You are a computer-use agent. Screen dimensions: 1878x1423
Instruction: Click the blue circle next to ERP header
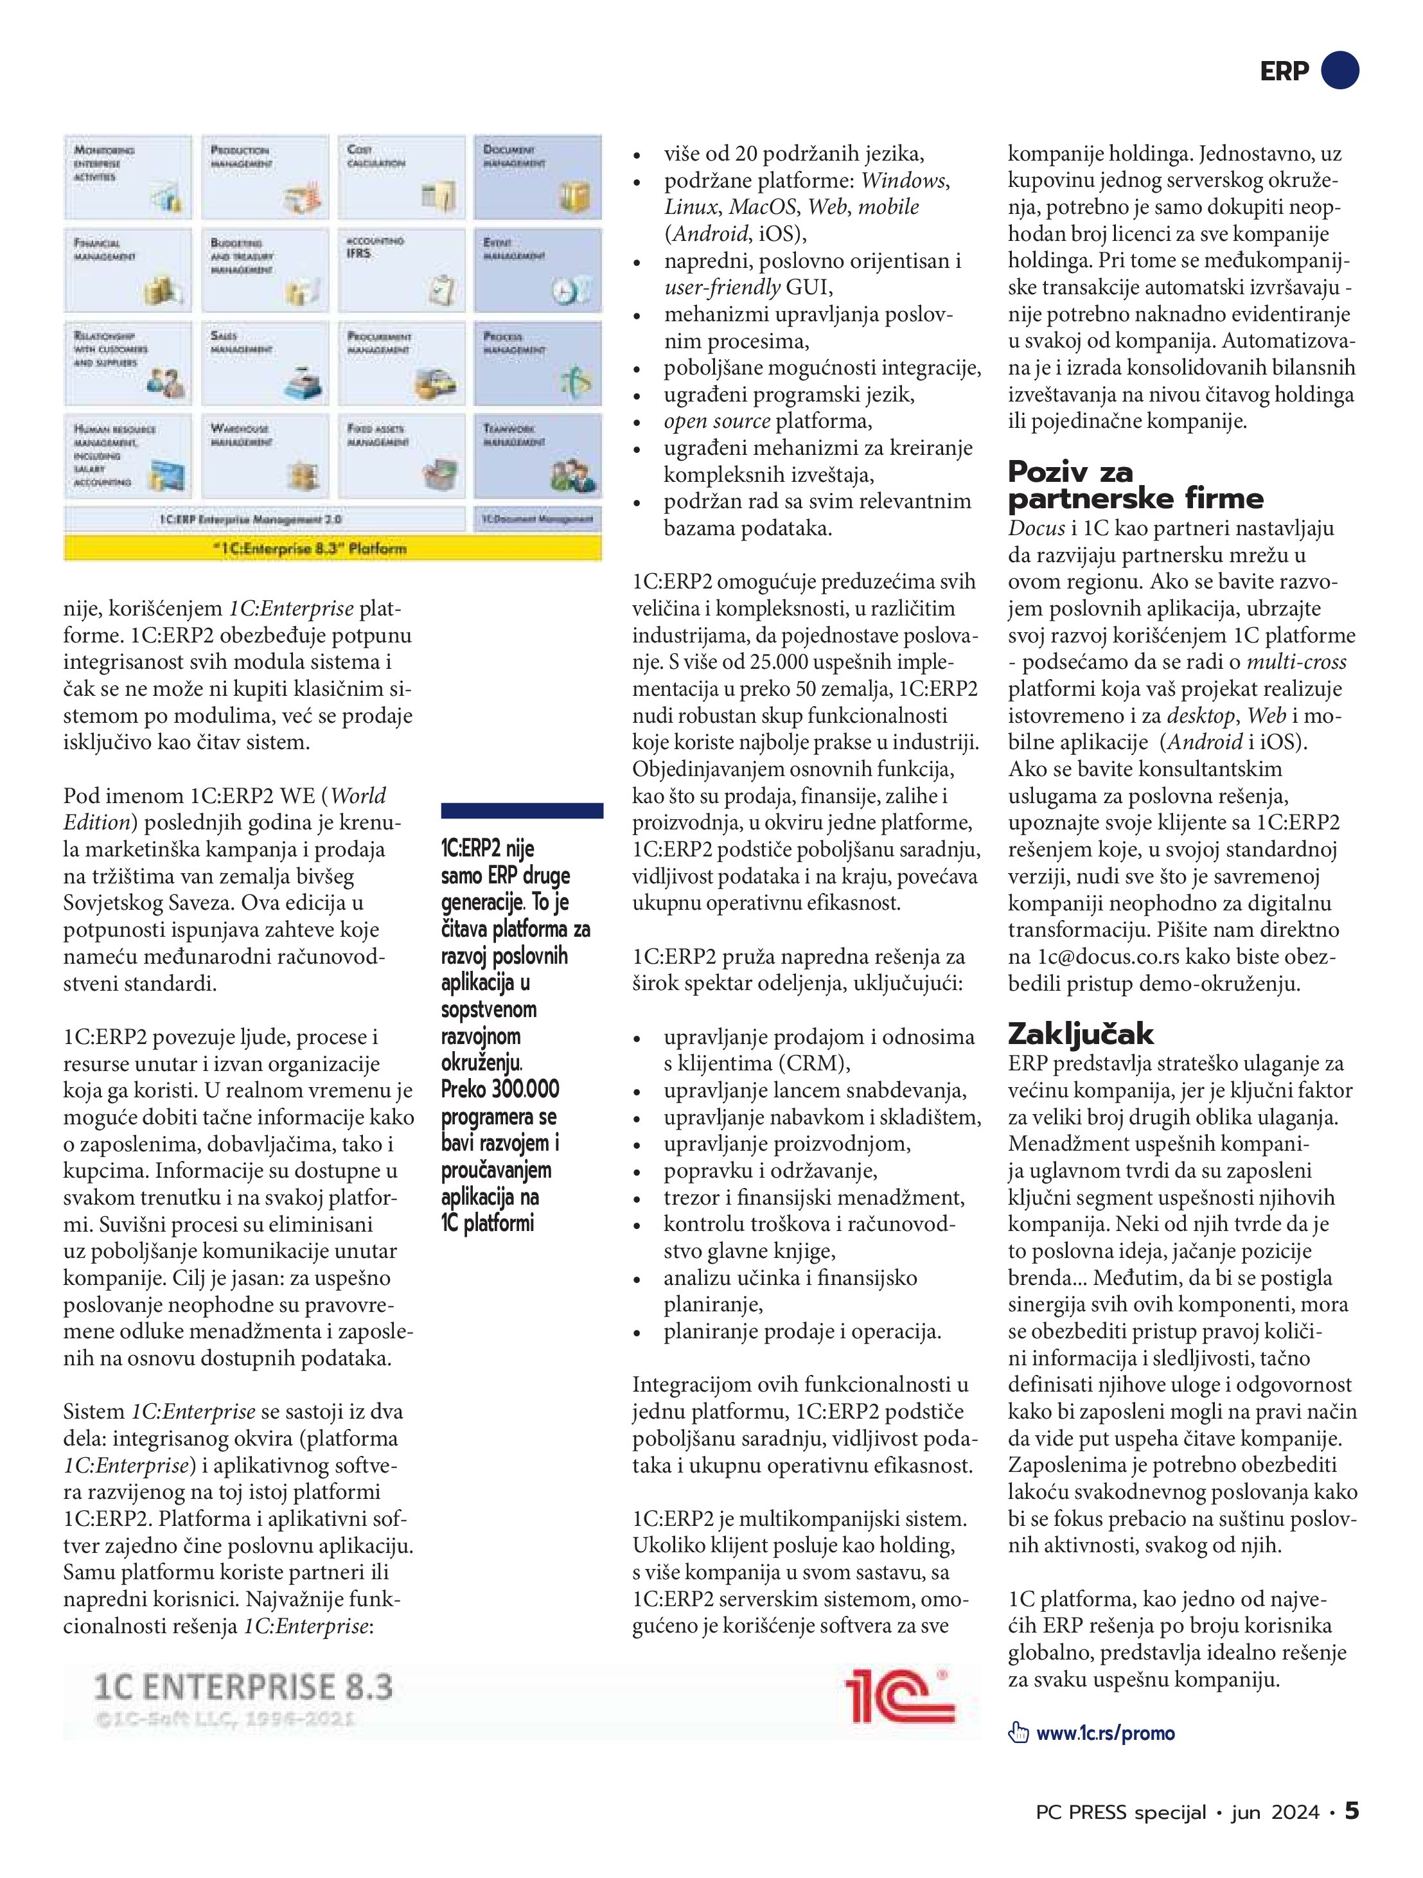[1341, 71]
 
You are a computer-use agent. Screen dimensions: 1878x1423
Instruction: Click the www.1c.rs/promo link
[1106, 1733]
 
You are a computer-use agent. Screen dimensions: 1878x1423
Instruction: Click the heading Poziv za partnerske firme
[1135, 485]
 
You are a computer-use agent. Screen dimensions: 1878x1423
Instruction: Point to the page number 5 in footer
[1351, 1811]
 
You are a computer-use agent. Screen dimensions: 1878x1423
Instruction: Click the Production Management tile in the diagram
[265, 177]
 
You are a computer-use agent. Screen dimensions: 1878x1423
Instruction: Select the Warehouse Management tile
[265, 456]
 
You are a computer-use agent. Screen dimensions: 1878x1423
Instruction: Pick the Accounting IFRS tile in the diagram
[402, 270]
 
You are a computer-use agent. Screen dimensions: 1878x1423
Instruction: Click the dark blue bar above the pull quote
[522, 811]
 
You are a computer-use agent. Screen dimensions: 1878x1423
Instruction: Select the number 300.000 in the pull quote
[525, 1089]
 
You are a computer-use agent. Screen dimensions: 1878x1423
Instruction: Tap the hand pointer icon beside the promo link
[1017, 1733]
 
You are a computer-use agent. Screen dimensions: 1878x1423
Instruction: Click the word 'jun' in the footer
[1246, 1812]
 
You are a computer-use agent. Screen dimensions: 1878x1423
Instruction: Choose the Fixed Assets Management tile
[402, 456]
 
